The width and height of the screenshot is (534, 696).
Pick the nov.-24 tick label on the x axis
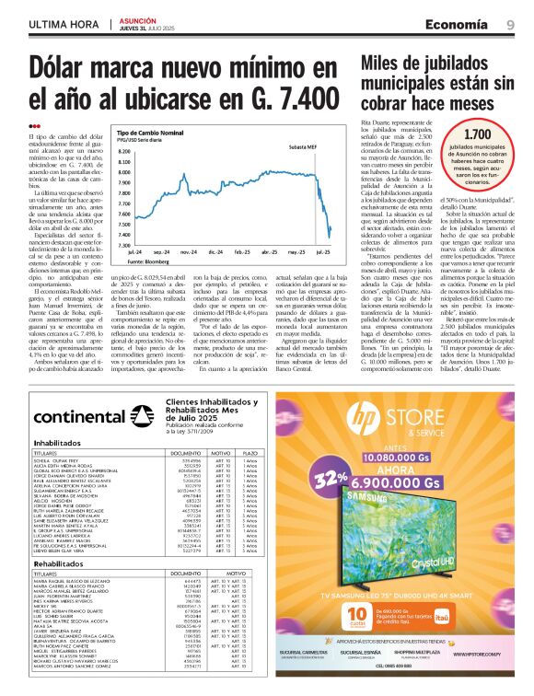[188, 251]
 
